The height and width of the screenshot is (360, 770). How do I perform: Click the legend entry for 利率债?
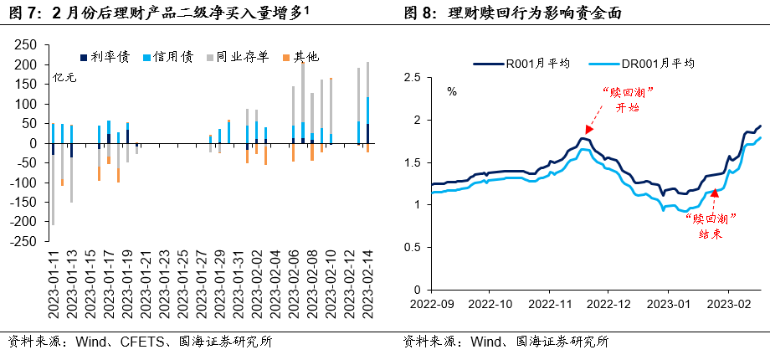coord(105,56)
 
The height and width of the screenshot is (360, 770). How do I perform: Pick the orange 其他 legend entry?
coord(300,56)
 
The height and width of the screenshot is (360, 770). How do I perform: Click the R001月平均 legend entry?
coord(513,63)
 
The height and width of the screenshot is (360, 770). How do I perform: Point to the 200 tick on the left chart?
coord(27,64)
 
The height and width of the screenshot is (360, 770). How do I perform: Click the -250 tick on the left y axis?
coord(24,240)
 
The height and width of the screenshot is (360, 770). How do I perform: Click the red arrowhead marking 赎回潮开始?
coord(589,130)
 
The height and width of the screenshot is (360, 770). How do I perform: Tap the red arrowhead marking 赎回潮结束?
coord(714,193)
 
